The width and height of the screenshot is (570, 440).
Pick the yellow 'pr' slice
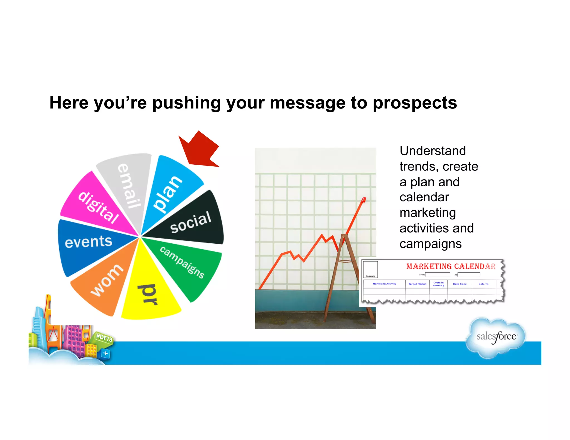click(x=149, y=295)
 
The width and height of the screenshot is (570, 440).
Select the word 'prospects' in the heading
click(x=415, y=103)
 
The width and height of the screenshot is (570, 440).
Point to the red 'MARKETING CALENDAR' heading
click(x=451, y=266)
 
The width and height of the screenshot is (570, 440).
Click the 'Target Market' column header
click(x=417, y=284)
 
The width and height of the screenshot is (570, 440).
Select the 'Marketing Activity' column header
click(x=384, y=284)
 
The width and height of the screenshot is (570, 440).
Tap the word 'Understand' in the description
click(x=433, y=151)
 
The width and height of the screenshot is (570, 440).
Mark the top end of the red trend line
click(x=364, y=199)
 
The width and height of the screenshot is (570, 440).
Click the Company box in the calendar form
click(x=370, y=269)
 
